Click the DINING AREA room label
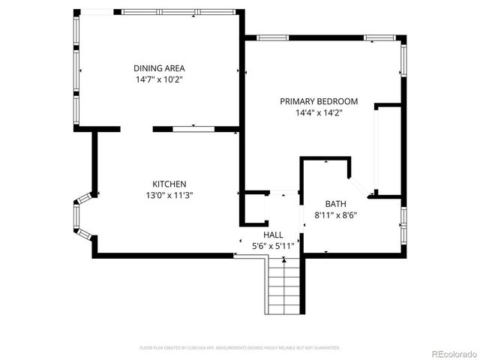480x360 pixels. [159, 68]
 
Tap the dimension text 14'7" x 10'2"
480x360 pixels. [159, 79]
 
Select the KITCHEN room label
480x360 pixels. [169, 184]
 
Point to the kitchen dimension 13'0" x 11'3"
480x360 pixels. [169, 195]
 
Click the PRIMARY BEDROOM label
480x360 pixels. [319, 101]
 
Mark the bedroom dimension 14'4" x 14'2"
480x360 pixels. [319, 113]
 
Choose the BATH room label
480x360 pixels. [335, 204]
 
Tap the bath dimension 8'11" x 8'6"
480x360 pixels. [335, 215]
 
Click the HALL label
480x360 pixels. [272, 235]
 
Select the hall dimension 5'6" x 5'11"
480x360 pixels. [272, 245]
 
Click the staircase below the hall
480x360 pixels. [284, 286]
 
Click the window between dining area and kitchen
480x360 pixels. [193, 129]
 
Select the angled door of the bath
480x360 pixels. [358, 185]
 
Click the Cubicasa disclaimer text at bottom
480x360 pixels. [240, 348]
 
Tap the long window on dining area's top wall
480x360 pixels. [178, 12]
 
